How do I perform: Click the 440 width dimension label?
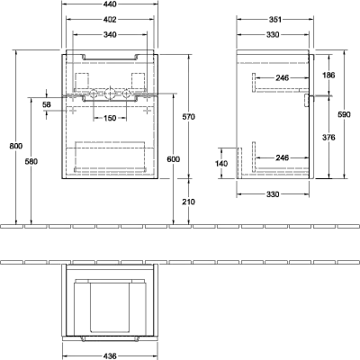(x=110, y=4)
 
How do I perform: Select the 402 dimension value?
(x=110, y=20)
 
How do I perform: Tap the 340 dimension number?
(x=110, y=35)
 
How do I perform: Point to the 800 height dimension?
(x=16, y=146)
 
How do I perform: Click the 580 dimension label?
(x=31, y=161)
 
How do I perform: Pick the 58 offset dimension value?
(x=47, y=104)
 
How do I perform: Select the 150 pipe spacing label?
(x=110, y=118)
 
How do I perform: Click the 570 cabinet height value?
(x=189, y=117)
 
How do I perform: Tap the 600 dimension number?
(x=174, y=159)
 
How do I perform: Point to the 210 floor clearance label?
(x=189, y=202)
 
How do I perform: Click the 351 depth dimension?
(x=275, y=20)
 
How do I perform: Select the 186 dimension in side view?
(x=328, y=75)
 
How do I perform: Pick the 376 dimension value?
(x=328, y=138)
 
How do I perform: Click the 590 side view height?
(x=344, y=114)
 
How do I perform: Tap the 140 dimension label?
(x=221, y=164)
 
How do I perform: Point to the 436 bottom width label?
(x=110, y=356)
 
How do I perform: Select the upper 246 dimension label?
(x=283, y=78)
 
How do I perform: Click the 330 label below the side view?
(x=273, y=194)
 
